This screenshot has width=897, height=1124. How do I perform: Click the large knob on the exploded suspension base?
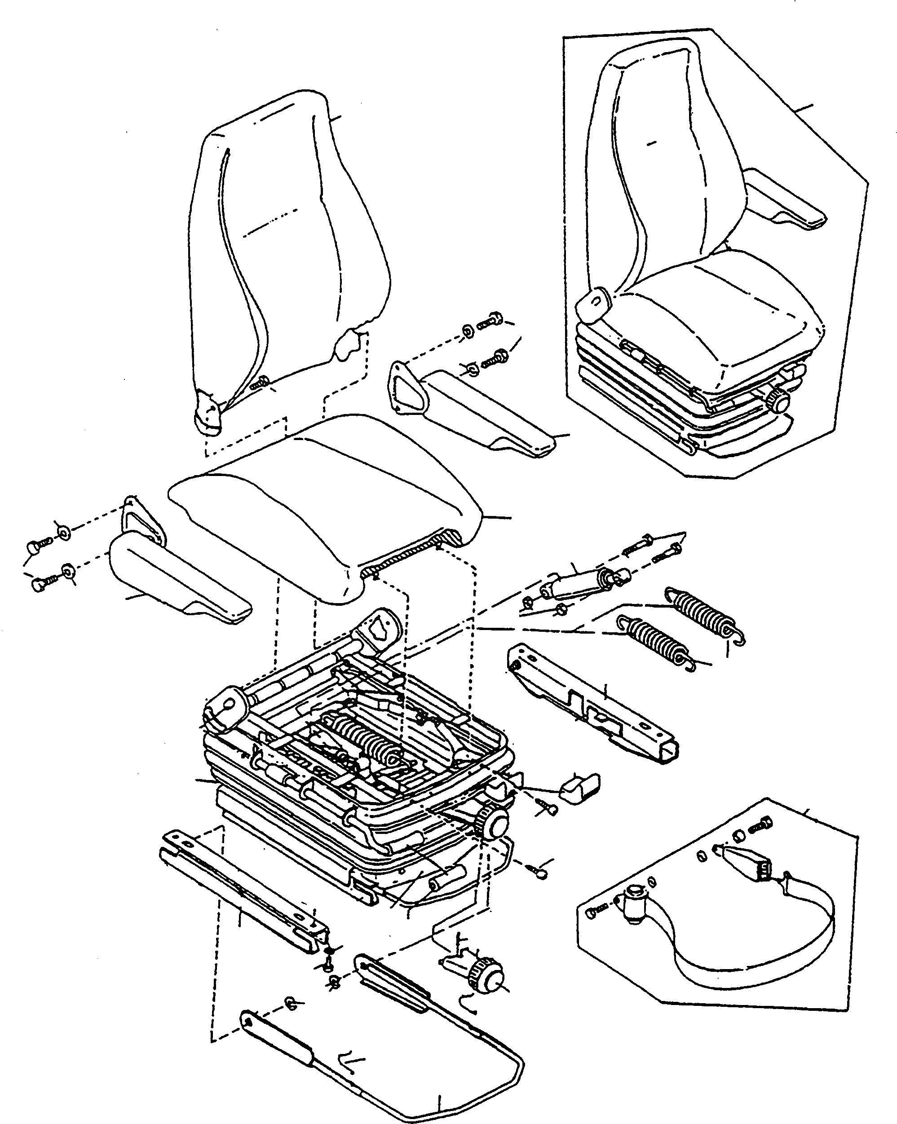coord(495,826)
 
